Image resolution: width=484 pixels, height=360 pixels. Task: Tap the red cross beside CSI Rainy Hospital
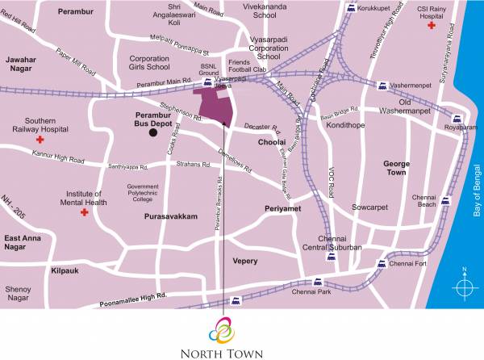click(432, 27)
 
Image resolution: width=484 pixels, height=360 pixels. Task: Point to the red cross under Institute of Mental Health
click(84, 212)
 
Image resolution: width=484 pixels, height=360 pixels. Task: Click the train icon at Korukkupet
click(351, 8)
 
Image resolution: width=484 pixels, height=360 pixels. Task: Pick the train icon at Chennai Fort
click(380, 264)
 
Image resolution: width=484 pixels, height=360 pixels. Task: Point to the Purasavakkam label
click(170, 218)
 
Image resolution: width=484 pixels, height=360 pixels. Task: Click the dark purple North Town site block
click(215, 106)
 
